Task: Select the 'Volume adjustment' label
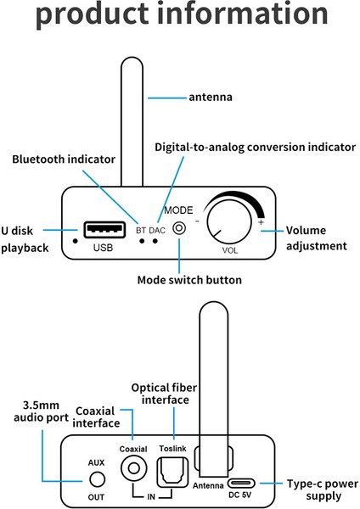(316, 238)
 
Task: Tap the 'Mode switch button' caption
(189, 280)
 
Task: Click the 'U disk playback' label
(27, 239)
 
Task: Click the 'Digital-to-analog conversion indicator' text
(255, 147)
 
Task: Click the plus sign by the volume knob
(262, 222)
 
